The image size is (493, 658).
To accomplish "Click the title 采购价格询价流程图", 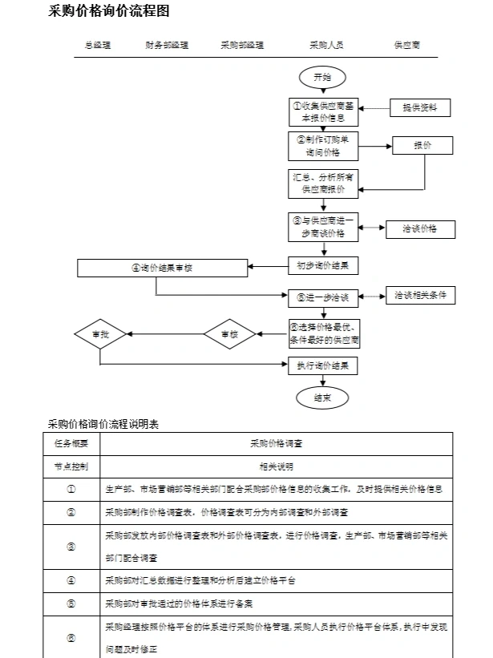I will pos(109,11).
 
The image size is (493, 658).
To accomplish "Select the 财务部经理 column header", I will pos(168,46).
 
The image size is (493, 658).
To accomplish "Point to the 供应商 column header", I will pos(406,46).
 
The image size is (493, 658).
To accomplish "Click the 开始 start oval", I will pos(322,78).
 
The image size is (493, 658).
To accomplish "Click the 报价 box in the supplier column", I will pos(422,146).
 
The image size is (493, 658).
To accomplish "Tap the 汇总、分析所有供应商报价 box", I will pos(323,184).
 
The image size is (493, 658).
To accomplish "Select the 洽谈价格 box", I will pos(420,229).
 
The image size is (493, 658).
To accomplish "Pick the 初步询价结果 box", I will pos(323,265).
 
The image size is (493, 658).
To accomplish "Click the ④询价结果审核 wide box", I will pos(163,268).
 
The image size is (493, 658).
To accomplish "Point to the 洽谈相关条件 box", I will pos(420,296).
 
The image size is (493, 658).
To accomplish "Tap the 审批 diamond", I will pos(100,334).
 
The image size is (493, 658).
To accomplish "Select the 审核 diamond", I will pos(229,334).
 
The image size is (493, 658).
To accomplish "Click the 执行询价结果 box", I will pos(323,366).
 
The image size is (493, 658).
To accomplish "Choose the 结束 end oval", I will pos(322,398).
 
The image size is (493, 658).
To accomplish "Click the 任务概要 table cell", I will pos(72,443).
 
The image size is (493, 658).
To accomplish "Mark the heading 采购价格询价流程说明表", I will pos(103,424).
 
